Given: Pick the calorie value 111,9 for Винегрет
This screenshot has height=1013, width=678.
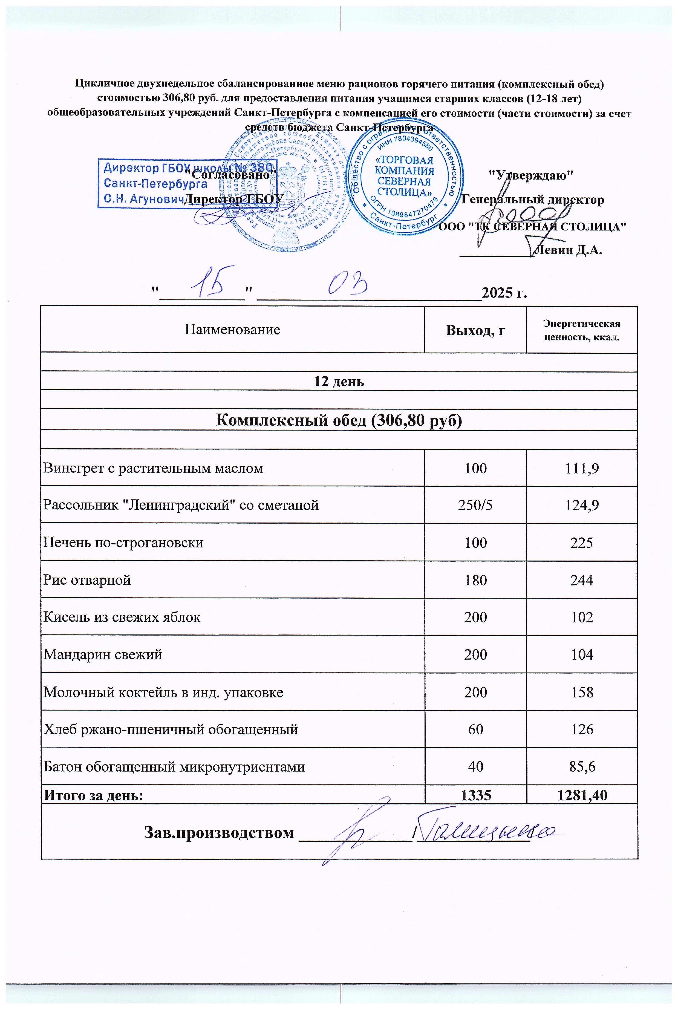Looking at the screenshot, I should pyautogui.click(x=582, y=468).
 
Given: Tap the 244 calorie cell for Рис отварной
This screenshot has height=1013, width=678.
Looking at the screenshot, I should pyautogui.click(x=582, y=580).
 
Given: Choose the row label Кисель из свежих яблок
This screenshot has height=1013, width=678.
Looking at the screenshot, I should pyautogui.click(x=122, y=617).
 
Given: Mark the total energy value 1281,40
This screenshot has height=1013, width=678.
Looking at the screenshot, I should pyautogui.click(x=582, y=795).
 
